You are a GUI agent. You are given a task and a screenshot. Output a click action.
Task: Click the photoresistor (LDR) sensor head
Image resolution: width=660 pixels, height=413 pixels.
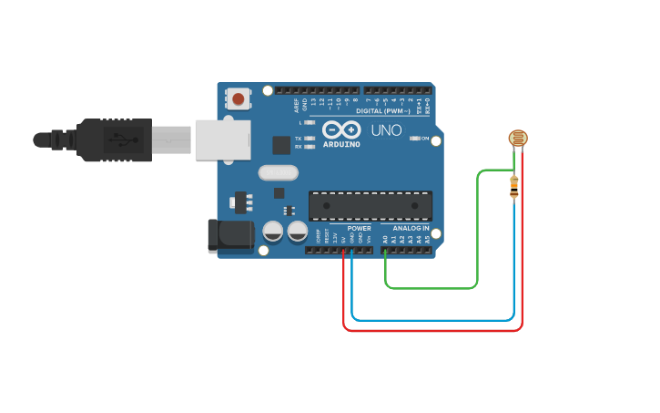pos(517,139)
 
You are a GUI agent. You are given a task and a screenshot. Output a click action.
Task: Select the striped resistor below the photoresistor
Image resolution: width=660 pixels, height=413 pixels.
pos(514,187)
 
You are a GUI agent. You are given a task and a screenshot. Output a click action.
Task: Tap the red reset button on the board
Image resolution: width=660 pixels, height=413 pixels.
pos(239,98)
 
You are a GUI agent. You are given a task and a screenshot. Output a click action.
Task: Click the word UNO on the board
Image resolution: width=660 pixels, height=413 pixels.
pos(386,130)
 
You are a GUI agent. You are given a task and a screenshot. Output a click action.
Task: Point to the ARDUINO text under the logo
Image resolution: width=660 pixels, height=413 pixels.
pos(341,144)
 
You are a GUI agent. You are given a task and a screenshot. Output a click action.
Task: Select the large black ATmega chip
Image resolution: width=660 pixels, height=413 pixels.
pos(370,206)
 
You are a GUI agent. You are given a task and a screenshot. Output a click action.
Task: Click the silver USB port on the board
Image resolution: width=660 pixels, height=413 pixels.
pos(222,139)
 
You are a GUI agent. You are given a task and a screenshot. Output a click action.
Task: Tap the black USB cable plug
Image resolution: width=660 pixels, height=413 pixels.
pos(114,139)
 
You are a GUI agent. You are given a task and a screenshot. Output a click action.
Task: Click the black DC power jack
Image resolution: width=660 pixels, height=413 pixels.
pos(229,235)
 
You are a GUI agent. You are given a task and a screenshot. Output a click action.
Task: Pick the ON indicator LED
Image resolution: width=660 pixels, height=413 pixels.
pos(414,138)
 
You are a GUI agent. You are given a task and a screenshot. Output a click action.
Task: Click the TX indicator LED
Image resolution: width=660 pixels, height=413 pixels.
pos(310,139)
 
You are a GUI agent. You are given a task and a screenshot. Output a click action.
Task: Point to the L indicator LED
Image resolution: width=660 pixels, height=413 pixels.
pos(310,122)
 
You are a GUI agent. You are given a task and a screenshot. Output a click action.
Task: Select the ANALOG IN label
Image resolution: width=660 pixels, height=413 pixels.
pos(411,228)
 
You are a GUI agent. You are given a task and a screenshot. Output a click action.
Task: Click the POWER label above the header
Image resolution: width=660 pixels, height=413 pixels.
pos(359,228)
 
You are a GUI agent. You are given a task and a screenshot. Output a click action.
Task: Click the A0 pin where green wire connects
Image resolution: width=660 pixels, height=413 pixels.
pos(385,250)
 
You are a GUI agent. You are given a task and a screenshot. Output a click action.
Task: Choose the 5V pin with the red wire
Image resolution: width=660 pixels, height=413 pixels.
pos(343,250)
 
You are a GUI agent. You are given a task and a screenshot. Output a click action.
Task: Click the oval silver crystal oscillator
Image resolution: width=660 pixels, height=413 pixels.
pos(278,172)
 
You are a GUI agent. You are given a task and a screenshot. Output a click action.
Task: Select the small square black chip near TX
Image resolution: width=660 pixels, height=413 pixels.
pos(281,145)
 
